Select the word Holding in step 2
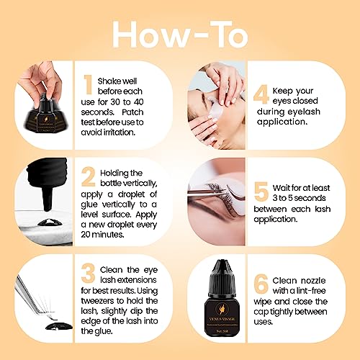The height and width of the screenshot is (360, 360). [x=121, y=173]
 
